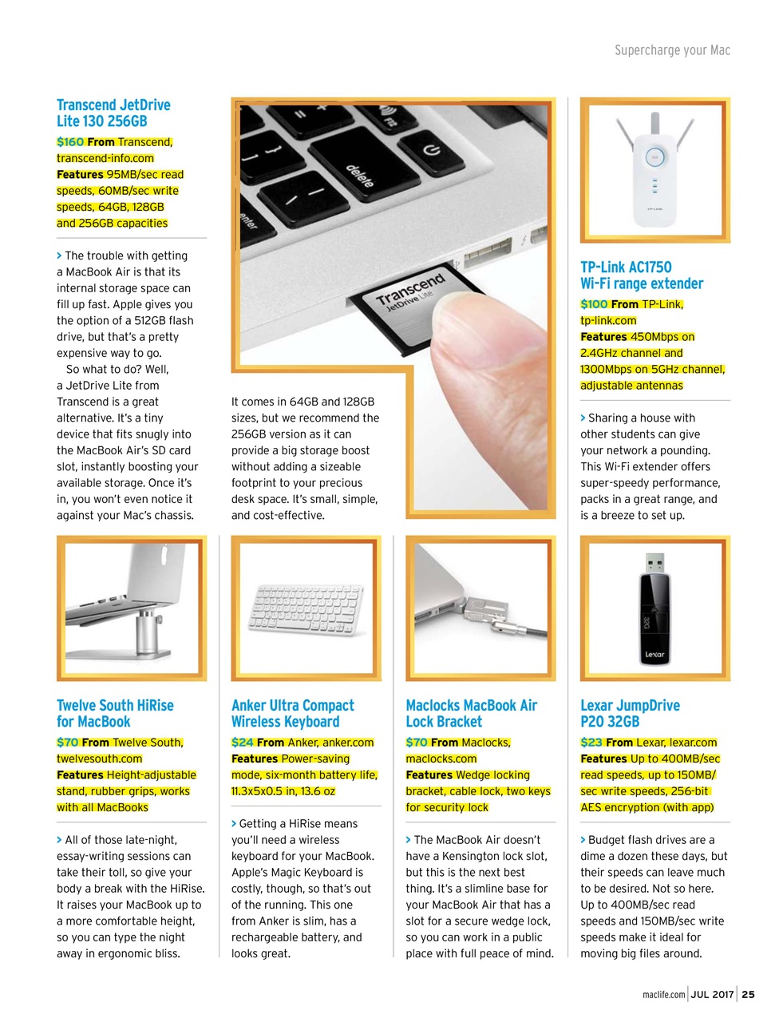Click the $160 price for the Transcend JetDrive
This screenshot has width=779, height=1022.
point(70,142)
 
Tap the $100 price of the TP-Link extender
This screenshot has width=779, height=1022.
point(594,304)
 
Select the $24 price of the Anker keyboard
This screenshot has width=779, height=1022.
point(243,743)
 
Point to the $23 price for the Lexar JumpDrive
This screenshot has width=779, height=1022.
point(591,743)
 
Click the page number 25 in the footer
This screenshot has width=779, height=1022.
point(748,994)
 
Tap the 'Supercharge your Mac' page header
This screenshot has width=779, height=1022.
point(672,50)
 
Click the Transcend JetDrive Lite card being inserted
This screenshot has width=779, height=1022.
point(407,299)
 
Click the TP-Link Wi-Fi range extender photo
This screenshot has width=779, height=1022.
point(654,169)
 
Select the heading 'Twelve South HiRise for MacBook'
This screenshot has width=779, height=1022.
point(115,714)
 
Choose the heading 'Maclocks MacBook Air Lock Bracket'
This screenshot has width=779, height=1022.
point(471,714)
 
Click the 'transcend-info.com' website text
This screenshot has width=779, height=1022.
point(105,158)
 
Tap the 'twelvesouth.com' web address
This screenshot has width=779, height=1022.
point(99,759)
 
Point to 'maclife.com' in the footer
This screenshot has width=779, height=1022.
point(663,995)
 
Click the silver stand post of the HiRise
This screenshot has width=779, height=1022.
point(147,631)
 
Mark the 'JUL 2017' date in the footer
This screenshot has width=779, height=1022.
point(712,994)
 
